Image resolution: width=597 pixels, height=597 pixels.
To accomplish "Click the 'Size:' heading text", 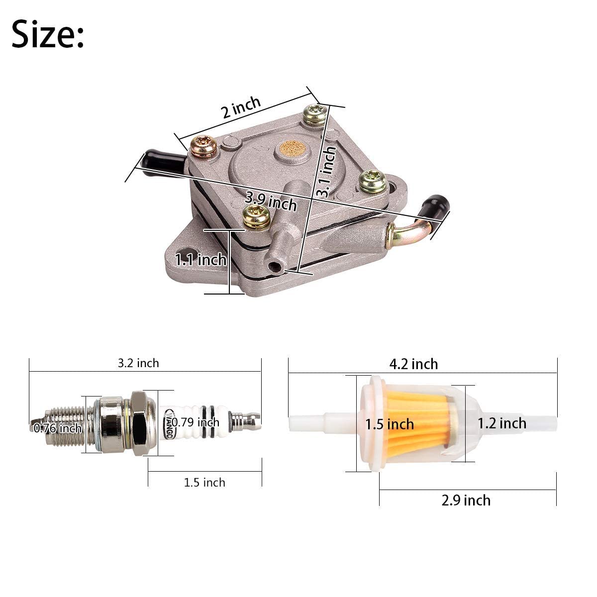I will [x=48, y=34].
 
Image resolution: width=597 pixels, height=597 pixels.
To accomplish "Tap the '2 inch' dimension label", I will [x=241, y=107].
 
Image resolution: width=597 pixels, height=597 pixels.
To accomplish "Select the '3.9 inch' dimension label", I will [x=271, y=201].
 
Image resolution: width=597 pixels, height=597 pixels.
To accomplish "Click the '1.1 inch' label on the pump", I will [x=200, y=259].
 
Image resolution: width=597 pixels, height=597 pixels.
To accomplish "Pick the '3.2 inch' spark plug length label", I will [x=138, y=363].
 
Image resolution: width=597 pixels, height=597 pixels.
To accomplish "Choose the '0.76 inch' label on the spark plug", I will [x=58, y=428].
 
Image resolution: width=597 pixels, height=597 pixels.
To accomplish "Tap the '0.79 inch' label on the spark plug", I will [x=196, y=422].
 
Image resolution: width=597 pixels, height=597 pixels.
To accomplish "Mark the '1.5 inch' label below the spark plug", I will [x=204, y=482].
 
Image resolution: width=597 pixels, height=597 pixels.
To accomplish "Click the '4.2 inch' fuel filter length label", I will [x=413, y=364].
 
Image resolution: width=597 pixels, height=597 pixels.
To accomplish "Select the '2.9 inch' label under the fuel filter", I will [x=466, y=500].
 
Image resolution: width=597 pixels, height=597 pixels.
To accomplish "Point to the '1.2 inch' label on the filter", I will [x=501, y=423].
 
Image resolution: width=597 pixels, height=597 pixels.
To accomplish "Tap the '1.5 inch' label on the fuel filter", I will [x=390, y=424].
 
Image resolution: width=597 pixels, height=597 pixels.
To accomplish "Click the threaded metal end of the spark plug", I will [x=65, y=423].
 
